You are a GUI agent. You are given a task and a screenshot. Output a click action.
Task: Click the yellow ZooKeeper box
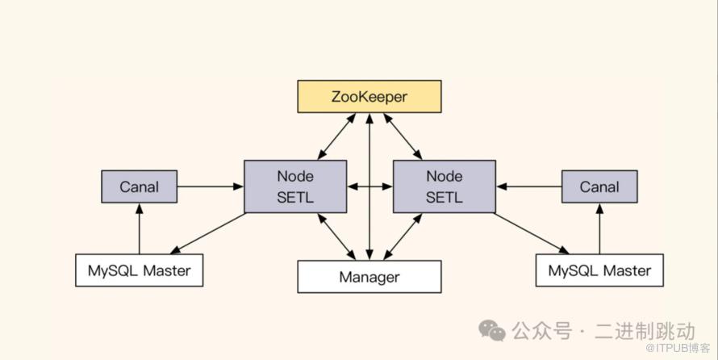tap(369, 96)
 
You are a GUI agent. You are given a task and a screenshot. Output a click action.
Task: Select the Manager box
tap(369, 277)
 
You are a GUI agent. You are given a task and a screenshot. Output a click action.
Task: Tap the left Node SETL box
tap(295, 186)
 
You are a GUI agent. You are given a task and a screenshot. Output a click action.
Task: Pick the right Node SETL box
tap(445, 186)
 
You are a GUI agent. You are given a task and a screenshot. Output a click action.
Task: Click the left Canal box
tap(139, 186)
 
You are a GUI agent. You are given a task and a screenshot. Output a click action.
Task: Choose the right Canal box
tap(599, 186)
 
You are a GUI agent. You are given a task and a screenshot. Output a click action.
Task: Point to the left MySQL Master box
tap(139, 270)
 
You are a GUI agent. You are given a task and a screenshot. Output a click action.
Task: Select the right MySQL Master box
tap(599, 270)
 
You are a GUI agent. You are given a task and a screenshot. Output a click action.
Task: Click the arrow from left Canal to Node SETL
tap(210, 186)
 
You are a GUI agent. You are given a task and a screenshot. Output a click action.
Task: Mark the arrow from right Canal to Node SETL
tap(529, 186)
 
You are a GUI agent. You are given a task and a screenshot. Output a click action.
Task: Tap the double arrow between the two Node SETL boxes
tap(369, 186)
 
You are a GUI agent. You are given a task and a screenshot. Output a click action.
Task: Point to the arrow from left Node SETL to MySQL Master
tap(208, 233)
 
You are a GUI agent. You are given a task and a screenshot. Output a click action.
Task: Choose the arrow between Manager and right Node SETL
tap(403, 237)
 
